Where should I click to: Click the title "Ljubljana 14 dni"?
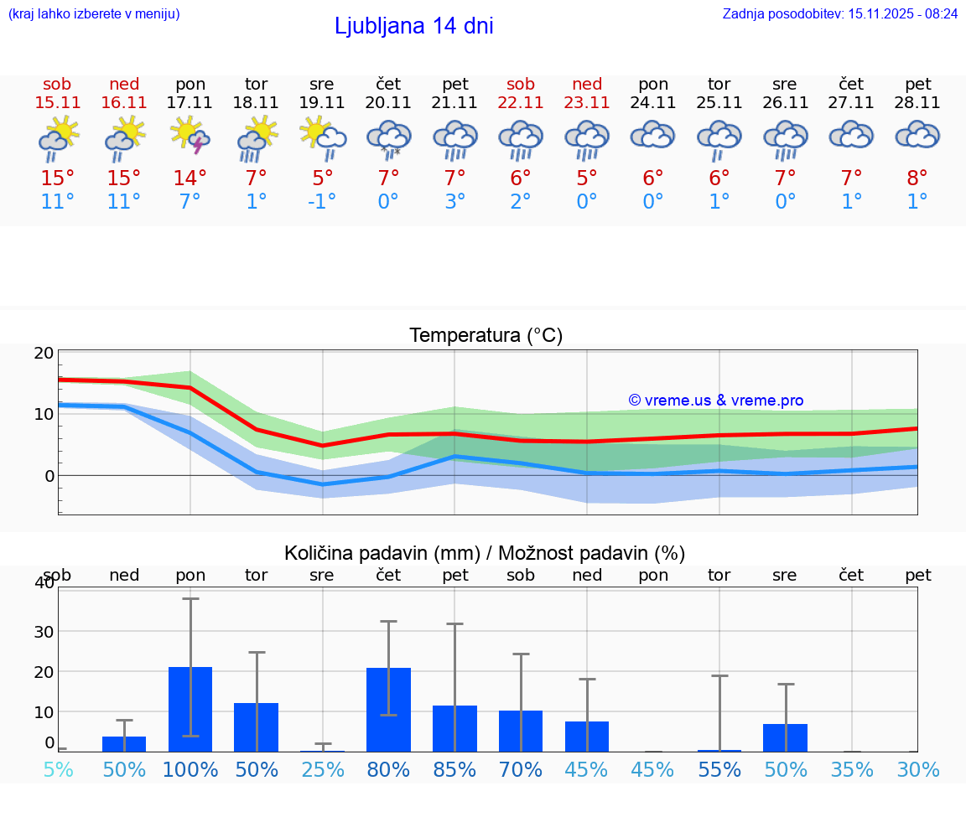[413, 26]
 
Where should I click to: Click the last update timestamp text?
[839, 13]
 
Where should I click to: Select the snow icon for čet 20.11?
[388, 138]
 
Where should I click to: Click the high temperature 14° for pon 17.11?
[190, 178]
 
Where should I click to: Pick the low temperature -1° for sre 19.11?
[321, 202]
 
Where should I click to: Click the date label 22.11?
[521, 103]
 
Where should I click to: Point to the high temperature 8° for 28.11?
[917, 178]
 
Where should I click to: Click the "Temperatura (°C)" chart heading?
[486, 336]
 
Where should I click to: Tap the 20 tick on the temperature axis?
[44, 353]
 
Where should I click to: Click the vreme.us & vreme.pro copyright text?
[716, 401]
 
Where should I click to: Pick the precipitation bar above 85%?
[454, 728]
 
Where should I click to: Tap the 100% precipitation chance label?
[190, 770]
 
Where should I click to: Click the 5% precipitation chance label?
[58, 770]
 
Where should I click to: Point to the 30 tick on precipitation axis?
[43, 631]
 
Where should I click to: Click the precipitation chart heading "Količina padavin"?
[485, 553]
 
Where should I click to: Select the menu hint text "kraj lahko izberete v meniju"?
[94, 13]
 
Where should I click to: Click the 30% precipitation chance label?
[917, 770]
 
